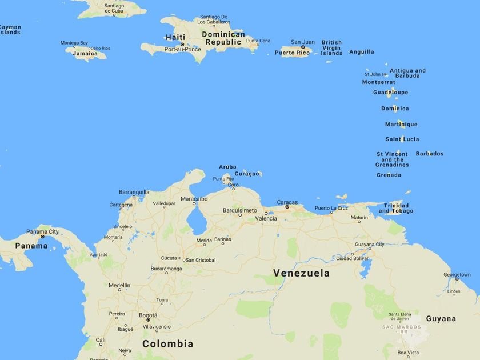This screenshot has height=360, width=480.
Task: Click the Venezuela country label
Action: pos(301,273)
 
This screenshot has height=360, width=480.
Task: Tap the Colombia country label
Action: pos(167,343)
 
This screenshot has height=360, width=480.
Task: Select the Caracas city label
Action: pos(287,202)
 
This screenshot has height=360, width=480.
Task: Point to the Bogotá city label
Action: pos(148,315)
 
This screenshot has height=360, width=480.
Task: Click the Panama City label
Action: pos(42,231)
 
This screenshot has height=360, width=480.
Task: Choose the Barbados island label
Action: pos(429,154)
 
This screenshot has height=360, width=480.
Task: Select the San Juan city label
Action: pos(303,42)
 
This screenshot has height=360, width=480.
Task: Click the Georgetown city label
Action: pos(457,275)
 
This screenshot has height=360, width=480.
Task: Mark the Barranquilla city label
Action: pos(134,192)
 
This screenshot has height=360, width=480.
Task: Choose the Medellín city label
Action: pos(119,285)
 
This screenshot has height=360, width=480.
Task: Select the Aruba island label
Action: pos(227,167)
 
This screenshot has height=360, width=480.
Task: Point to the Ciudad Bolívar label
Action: pos(353,258)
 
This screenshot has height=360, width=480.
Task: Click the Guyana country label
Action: pos(441,318)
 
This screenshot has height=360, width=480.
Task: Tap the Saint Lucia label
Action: pos(402,139)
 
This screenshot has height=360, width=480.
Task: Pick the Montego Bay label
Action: pos(74,43)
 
